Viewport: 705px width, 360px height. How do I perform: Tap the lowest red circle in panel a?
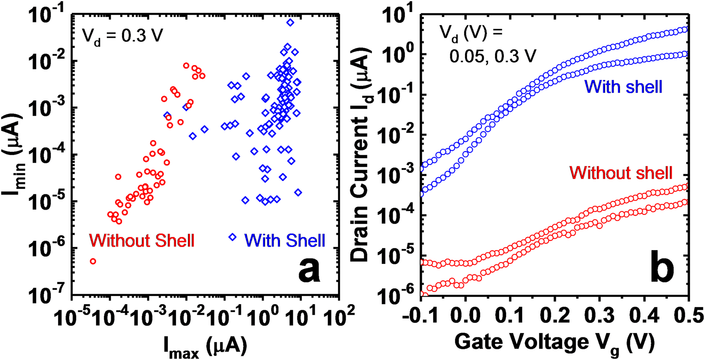coord(93,261)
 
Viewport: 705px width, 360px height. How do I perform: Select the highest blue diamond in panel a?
coord(290,22)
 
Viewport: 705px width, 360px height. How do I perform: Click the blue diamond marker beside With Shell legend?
coord(232,237)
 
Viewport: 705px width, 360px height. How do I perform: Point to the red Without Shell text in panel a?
coord(141,241)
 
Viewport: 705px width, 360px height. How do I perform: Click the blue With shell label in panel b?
coord(623,87)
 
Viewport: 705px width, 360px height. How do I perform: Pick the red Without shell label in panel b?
coord(621,173)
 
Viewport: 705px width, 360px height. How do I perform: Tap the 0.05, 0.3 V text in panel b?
coord(492,56)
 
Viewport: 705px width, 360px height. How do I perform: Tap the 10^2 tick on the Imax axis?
coord(340,317)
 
